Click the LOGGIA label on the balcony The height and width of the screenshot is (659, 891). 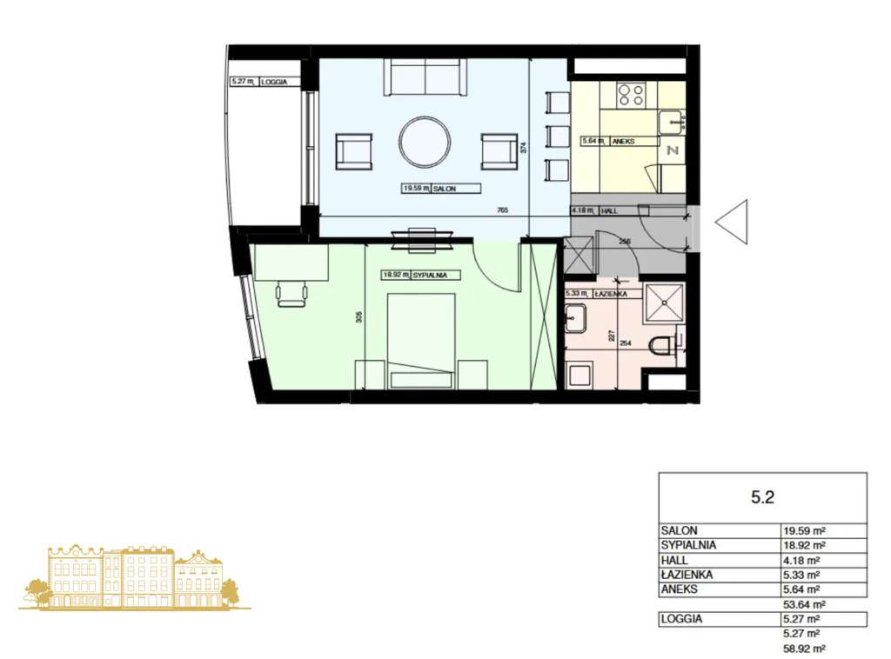click(274, 82)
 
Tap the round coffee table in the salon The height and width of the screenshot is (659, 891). click(425, 142)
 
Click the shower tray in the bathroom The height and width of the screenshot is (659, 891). click(665, 303)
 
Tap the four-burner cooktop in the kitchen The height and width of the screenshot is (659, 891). click(633, 94)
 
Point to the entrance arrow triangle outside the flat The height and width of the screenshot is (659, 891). click(734, 222)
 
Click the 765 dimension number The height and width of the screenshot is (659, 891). click(502, 210)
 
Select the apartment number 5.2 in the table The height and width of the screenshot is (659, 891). click(762, 497)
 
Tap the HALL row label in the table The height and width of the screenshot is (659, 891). click(674, 560)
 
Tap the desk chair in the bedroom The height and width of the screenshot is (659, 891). click(292, 294)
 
